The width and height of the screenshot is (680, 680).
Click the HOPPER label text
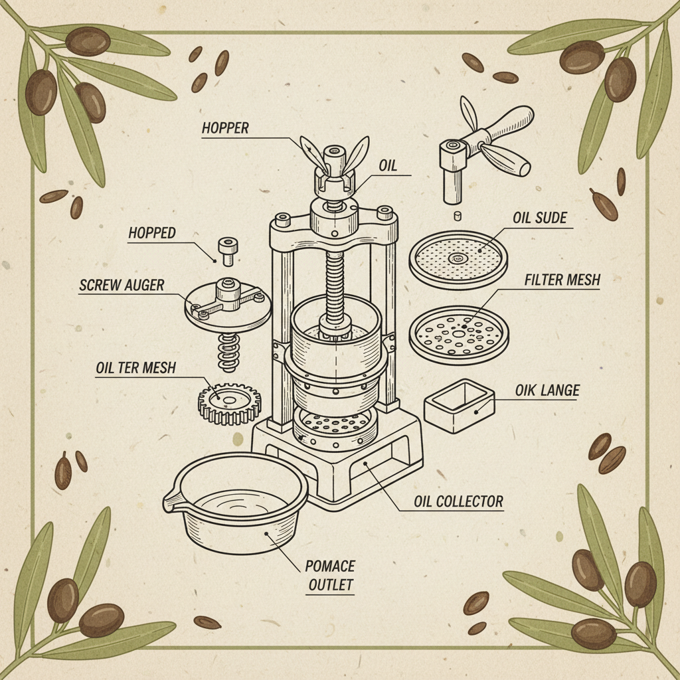tap(225, 127)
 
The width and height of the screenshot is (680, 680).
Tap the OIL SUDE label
tap(539, 218)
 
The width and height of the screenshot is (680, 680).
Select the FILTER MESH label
tap(561, 280)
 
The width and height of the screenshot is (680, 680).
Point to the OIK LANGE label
tap(547, 390)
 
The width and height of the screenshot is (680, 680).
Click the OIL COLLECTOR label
tap(458, 501)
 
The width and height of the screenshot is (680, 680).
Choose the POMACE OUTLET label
tap(330, 576)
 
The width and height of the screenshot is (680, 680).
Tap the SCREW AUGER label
tap(121, 286)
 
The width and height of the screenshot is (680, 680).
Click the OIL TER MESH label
tap(135, 367)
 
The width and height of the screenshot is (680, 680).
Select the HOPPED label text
tap(151, 232)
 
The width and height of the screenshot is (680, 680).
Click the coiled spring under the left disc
tap(228, 352)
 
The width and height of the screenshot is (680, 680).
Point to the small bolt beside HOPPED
tap(227, 251)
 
